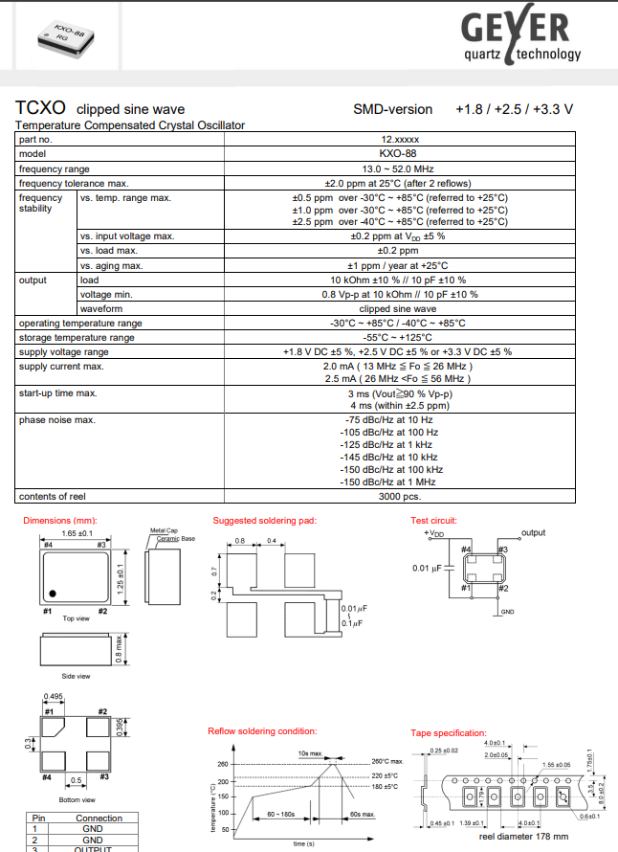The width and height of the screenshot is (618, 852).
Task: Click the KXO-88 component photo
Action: (x=64, y=35)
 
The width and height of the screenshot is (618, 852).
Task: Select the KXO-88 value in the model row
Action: (x=397, y=153)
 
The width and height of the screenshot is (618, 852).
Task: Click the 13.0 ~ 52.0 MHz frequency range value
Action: (x=398, y=168)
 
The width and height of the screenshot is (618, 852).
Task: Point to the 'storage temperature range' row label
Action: (x=77, y=337)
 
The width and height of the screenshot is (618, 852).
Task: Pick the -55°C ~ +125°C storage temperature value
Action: (x=398, y=337)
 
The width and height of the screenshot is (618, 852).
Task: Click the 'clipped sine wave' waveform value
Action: (x=398, y=309)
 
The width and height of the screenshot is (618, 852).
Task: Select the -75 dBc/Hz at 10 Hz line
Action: (x=387, y=419)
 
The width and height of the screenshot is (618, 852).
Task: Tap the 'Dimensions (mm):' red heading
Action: (x=60, y=520)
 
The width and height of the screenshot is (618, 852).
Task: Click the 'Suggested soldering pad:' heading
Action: (x=264, y=520)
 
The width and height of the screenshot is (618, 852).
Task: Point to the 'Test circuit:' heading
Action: (x=434, y=520)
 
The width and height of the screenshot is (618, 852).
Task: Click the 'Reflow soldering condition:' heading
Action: (x=262, y=731)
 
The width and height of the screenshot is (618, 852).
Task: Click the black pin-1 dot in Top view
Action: (x=55, y=592)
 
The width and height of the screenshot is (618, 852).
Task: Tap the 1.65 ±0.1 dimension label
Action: (x=77, y=532)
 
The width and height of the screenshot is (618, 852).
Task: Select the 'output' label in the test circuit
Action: (x=533, y=532)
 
